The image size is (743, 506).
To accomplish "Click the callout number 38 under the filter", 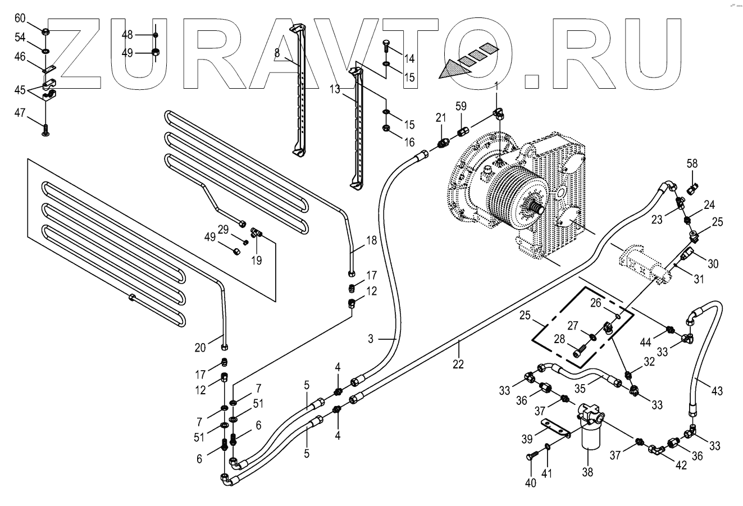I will point(587,472).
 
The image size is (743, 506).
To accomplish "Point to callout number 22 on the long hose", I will point(458,363).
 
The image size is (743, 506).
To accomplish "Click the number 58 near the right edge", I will point(692,163).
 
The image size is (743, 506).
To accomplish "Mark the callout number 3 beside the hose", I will point(371,339).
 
